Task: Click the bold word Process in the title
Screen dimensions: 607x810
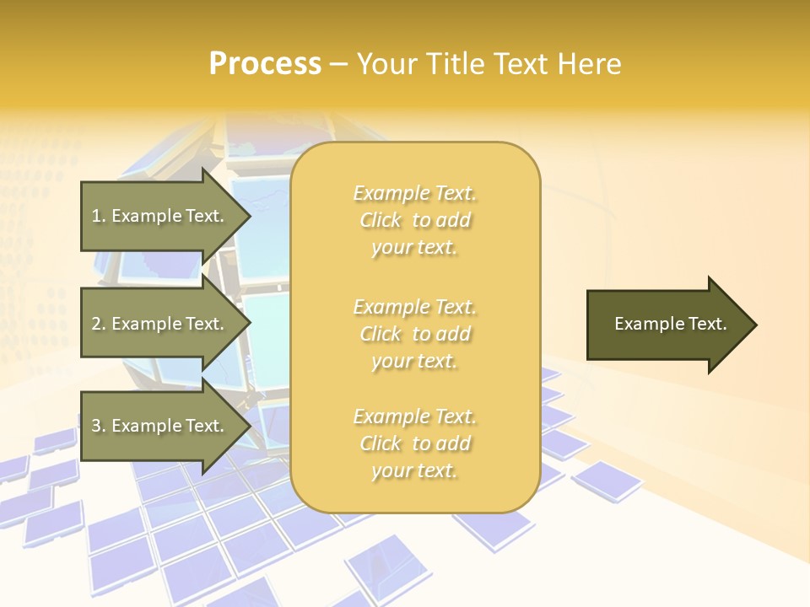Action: (x=265, y=64)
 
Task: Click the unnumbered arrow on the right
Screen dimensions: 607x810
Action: (x=667, y=324)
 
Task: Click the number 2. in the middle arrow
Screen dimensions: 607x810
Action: (x=99, y=324)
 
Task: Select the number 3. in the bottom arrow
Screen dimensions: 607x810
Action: (x=99, y=426)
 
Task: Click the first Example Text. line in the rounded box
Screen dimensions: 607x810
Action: (x=414, y=193)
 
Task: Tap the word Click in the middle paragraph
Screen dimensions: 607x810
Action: (x=381, y=334)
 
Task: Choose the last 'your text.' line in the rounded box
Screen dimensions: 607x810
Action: (x=414, y=470)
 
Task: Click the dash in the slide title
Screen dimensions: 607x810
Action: (x=339, y=64)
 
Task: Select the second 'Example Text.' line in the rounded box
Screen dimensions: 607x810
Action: (x=414, y=306)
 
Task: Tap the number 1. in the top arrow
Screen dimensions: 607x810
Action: (x=99, y=216)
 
